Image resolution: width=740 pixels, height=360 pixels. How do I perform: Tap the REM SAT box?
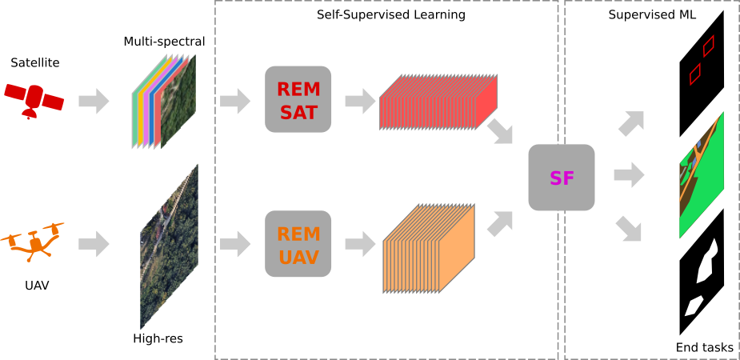point(298,99)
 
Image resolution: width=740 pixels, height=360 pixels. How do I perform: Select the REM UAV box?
point(298,244)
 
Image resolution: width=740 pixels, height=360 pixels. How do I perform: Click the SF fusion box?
point(562,178)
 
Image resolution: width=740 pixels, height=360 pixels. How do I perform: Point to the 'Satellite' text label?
point(35,62)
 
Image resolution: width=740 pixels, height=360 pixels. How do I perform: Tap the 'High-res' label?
point(158,338)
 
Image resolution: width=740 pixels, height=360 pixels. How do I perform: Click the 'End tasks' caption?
point(704,347)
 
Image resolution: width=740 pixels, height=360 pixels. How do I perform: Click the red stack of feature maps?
point(438,102)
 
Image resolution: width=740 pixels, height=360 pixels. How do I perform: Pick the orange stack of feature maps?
point(430,249)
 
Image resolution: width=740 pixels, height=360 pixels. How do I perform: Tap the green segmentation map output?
point(702,175)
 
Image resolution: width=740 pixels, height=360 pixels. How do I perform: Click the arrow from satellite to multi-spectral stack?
point(94,101)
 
